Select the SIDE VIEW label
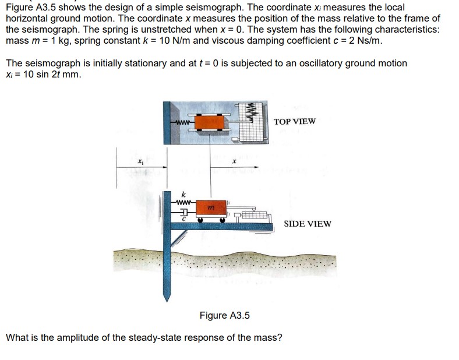tap(307, 224)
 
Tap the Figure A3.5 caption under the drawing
tap(224, 315)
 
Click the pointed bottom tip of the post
tap(168, 299)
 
